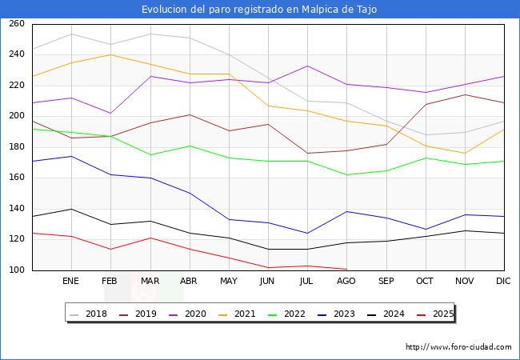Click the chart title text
click(259, 10)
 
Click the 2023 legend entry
click(343, 314)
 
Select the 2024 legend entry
click(393, 314)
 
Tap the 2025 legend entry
click(442, 314)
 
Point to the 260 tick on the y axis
click(17, 24)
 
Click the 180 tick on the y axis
click(17, 147)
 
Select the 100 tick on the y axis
click(17, 270)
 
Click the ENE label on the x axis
click(71, 282)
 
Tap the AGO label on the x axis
click(346, 282)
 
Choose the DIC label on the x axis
click(504, 282)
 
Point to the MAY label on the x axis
click(229, 282)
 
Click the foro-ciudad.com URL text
click(458, 347)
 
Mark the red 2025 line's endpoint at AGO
click(346, 269)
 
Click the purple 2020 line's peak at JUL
click(307, 66)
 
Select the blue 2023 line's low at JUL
click(307, 234)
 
